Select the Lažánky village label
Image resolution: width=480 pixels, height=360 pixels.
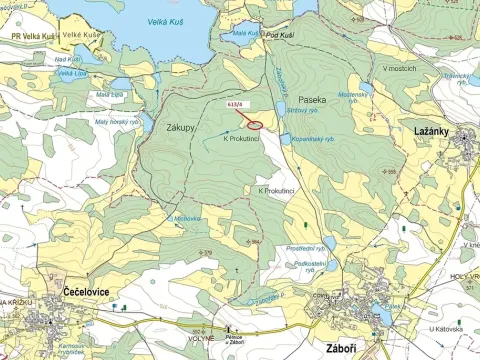(x=436, y=132)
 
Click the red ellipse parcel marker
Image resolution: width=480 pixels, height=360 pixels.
(x=255, y=124)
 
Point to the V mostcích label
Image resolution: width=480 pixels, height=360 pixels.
(x=400, y=68)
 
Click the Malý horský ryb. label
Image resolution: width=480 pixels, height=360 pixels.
(x=117, y=122)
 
